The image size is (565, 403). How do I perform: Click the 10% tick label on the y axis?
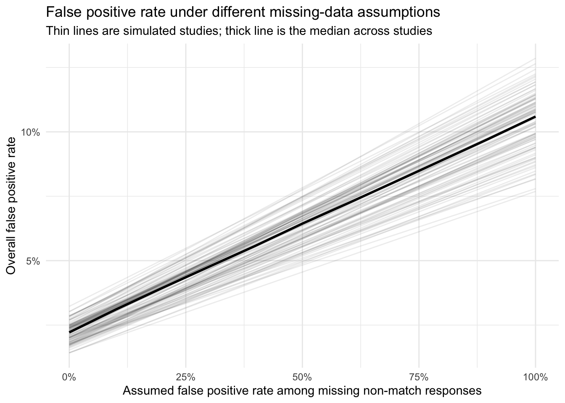pos(30,132)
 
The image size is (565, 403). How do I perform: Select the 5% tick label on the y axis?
pos(33,261)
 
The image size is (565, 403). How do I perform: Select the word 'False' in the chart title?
pos(59,13)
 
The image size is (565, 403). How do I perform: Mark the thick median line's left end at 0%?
pos(69,332)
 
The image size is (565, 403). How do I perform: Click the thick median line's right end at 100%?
pos(535,117)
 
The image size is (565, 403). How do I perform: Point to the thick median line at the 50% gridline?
pos(302,224)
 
